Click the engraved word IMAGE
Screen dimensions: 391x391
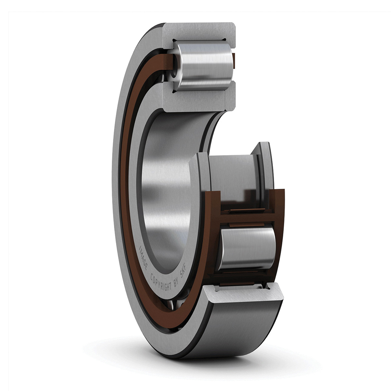point(143,258)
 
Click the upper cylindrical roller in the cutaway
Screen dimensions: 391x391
point(203,65)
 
